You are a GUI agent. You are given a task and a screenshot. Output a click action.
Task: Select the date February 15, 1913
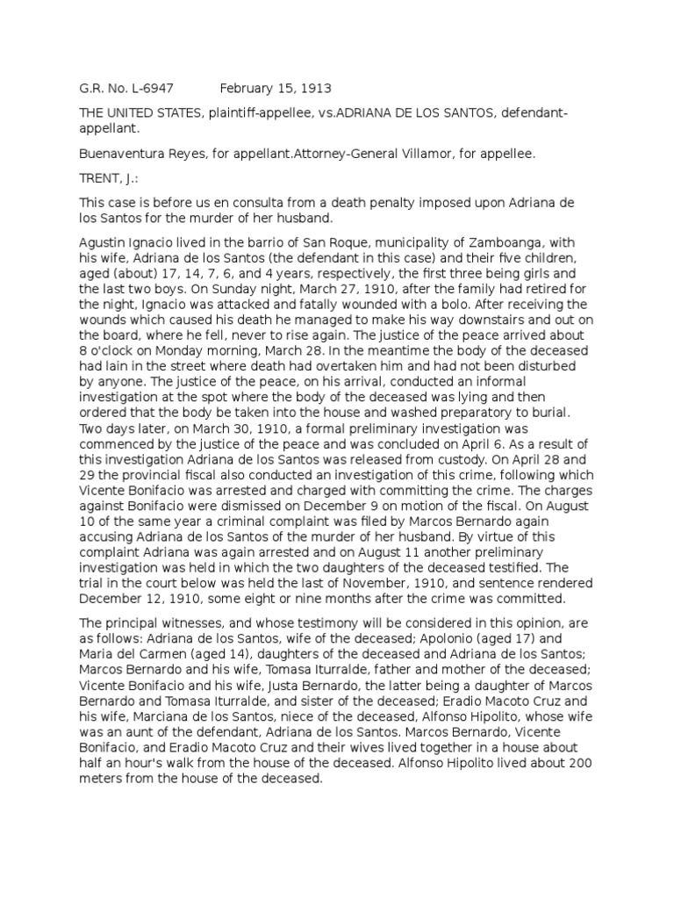pyautogui.click(x=276, y=89)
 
